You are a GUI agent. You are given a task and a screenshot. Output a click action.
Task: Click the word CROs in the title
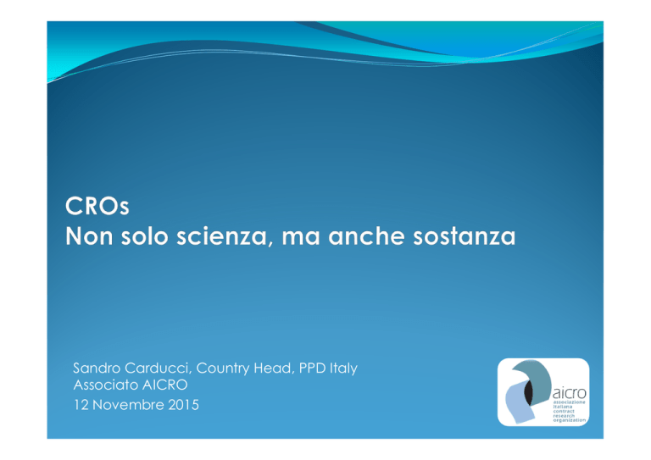click(97, 205)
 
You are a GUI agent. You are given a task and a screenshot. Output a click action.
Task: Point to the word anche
click(366, 236)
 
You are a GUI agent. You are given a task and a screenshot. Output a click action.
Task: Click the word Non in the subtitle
click(89, 236)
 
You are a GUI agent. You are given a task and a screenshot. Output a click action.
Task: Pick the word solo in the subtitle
click(144, 236)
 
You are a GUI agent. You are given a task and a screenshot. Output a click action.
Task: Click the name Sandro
click(97, 368)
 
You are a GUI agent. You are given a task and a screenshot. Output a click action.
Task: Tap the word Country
click(223, 369)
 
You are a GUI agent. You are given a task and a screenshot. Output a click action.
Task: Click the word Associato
click(106, 385)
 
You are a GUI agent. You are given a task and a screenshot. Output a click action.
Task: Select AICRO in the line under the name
click(164, 385)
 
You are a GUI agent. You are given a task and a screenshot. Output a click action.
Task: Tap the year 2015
click(183, 405)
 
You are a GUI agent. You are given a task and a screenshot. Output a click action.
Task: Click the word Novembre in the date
click(128, 405)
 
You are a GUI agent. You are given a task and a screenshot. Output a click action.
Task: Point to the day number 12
click(81, 405)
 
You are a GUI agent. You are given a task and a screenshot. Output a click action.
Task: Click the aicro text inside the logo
click(570, 392)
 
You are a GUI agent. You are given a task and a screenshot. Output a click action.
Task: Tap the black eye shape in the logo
click(529, 391)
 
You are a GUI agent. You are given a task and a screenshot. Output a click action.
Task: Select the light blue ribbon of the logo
click(518, 402)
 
